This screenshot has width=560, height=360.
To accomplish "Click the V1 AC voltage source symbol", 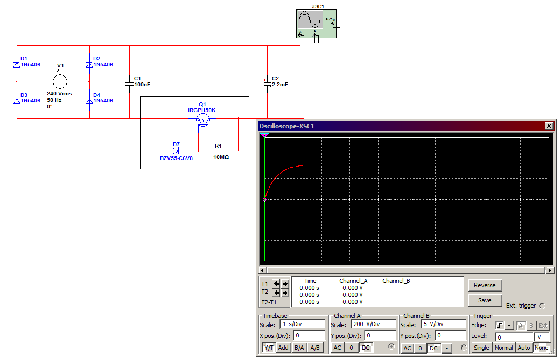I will (x=60, y=82).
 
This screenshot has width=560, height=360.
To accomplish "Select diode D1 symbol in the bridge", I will (x=17, y=65).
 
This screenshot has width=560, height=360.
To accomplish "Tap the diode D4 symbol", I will (x=89, y=101).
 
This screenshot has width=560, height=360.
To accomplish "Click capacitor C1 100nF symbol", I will (x=129, y=82).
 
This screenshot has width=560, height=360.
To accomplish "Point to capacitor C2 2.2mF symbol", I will (x=267, y=82).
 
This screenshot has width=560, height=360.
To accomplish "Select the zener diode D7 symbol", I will (x=176, y=151).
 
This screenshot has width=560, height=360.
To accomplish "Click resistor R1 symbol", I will (x=218, y=151).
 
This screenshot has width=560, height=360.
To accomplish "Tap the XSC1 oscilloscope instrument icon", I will (x=317, y=24).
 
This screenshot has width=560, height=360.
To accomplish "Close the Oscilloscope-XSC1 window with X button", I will (x=549, y=126).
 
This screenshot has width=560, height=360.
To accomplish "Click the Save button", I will (x=485, y=300).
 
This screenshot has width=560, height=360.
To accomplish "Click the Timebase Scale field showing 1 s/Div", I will (x=303, y=324).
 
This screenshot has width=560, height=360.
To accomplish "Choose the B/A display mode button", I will (x=299, y=348).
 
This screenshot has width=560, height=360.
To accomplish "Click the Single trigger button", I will (x=481, y=348).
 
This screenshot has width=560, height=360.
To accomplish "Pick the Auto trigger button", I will (x=524, y=348).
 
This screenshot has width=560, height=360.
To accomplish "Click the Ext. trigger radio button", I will (x=542, y=306).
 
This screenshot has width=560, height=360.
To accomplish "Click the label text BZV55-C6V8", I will (x=176, y=158).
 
